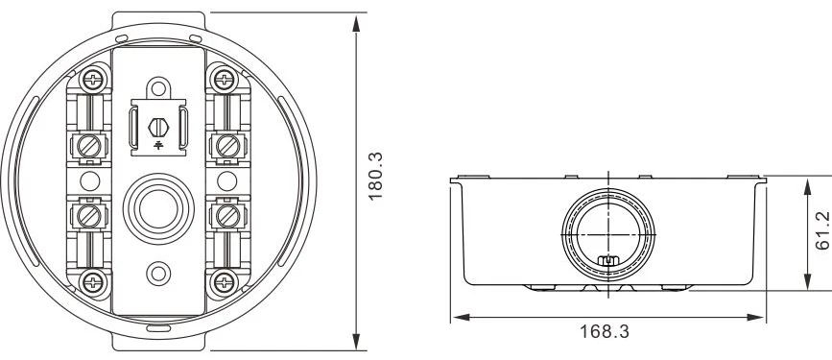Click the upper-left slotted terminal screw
(88, 146)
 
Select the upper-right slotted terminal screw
(228, 146)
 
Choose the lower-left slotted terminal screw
(88, 212)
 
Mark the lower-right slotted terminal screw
(228, 212)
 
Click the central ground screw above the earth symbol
(159, 126)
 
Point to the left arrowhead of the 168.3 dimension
(458, 315)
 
